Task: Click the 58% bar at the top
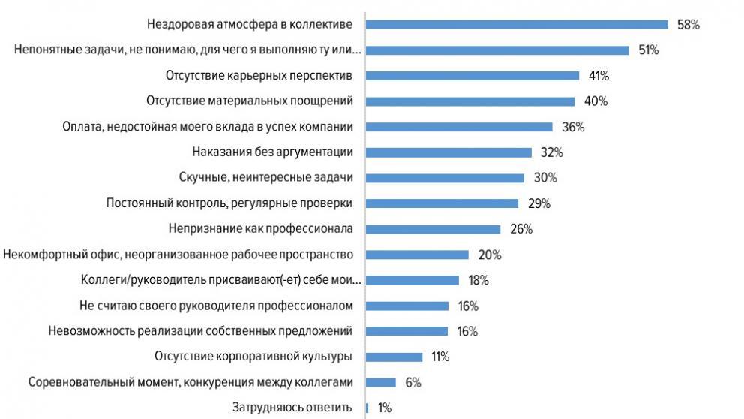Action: [517, 24]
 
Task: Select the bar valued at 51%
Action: [498, 50]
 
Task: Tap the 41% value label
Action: [598, 76]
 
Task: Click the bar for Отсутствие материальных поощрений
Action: [470, 101]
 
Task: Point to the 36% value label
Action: [572, 127]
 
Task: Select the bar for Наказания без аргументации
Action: [449, 152]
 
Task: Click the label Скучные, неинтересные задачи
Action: [266, 178]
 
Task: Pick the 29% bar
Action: [442, 203]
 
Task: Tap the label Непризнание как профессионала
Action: [262, 229]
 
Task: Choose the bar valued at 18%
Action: [412, 280]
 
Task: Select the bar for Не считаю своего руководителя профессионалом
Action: [407, 306]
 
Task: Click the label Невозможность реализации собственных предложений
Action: [201, 331]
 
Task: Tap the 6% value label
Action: [412, 382]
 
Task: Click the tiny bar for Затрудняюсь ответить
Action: [367, 408]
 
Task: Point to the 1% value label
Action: [384, 408]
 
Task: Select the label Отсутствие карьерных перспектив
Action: [259, 76]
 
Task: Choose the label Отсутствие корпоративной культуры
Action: [253, 357]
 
